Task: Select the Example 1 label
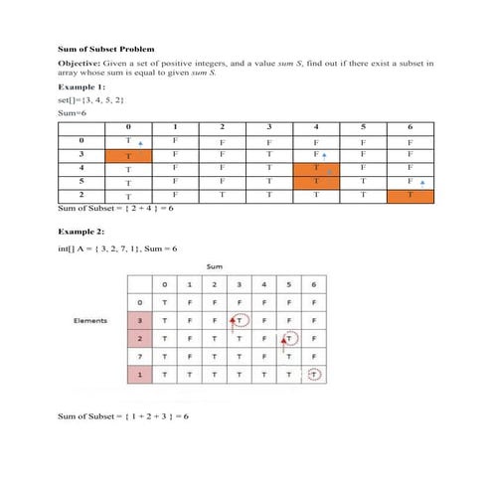coord(79,86)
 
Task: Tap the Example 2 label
coord(79,230)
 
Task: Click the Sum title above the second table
coord(214,267)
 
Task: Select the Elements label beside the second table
coord(91,320)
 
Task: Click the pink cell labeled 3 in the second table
coord(141,320)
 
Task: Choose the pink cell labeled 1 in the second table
coord(141,375)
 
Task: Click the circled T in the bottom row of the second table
coord(314,375)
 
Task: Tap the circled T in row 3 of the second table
coord(241,320)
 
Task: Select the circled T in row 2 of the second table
coord(290,339)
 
